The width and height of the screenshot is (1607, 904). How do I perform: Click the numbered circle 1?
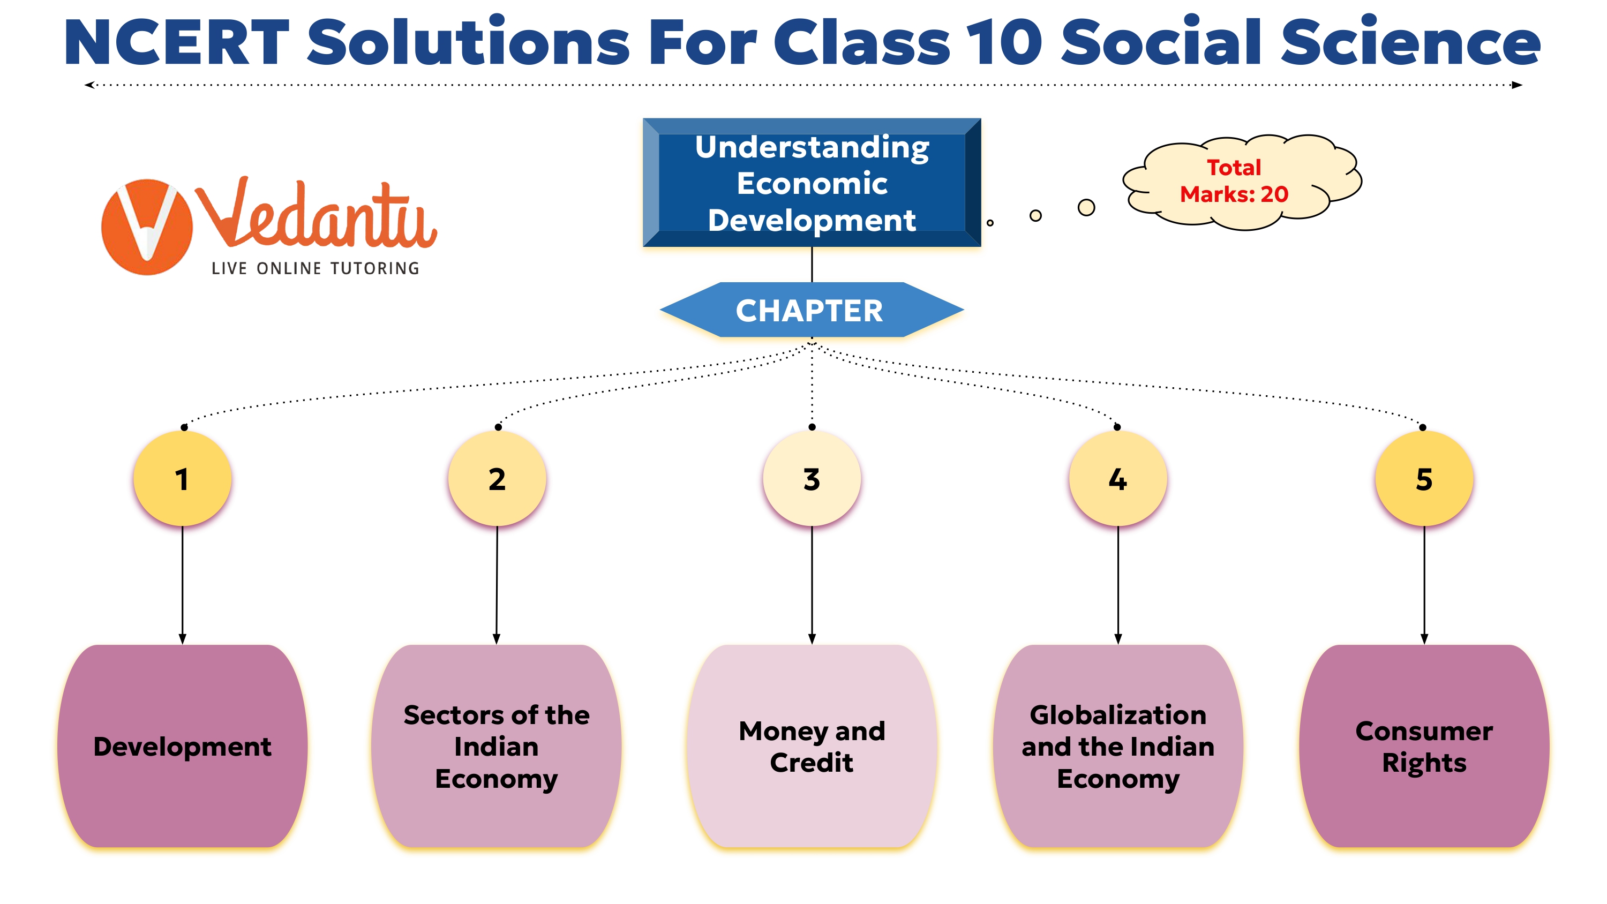click(182, 479)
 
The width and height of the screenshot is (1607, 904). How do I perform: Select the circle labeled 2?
click(497, 479)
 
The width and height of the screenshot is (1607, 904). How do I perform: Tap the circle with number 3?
click(812, 479)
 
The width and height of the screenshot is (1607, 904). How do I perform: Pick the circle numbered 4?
click(1118, 479)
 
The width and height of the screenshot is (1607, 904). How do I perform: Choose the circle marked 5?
click(1424, 479)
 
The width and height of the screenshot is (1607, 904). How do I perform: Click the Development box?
click(182, 746)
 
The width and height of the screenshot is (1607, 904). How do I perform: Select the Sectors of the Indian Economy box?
click(497, 746)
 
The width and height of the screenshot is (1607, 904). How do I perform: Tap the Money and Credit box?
click(812, 746)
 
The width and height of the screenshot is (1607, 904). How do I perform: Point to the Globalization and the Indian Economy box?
click(1118, 746)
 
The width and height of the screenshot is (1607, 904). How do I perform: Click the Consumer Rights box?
click(1424, 746)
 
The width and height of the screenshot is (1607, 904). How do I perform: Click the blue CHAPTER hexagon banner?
click(812, 310)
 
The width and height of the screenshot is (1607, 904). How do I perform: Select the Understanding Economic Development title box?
click(812, 182)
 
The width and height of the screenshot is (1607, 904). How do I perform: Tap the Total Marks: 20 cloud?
click(1242, 182)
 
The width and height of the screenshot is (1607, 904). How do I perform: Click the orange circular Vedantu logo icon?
click(147, 227)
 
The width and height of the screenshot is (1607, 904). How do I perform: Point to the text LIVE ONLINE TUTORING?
click(315, 268)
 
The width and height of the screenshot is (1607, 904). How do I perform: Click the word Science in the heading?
click(1411, 42)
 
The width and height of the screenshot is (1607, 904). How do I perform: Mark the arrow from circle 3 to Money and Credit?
click(812, 585)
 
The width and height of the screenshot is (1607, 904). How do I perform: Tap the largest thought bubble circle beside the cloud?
click(1086, 207)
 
